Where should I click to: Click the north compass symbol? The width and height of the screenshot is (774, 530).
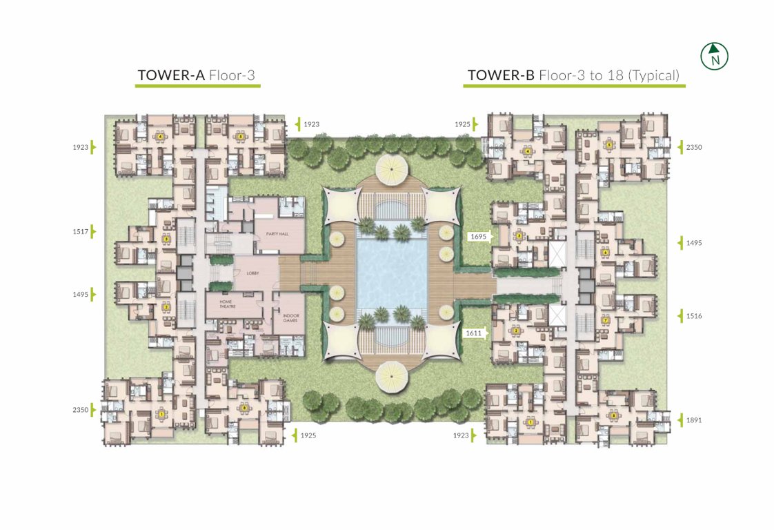715,56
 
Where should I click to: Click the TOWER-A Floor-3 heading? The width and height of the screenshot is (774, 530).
197,75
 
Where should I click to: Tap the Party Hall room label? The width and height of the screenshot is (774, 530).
277,234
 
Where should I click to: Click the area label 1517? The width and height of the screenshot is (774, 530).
80,231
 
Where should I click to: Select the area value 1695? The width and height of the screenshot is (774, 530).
478,237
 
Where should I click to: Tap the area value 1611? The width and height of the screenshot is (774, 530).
474,332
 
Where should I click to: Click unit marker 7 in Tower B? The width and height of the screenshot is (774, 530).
605,321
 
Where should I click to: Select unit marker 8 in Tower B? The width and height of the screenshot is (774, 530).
613,415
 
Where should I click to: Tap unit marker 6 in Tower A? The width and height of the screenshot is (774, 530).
244,407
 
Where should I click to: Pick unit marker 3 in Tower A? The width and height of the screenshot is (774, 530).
166,238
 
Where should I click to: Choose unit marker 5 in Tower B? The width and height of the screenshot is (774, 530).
609,145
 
